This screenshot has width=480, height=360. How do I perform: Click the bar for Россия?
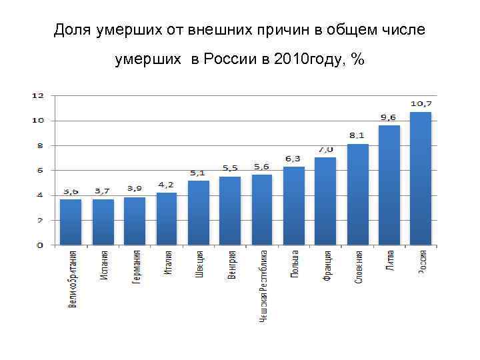(x=420, y=179)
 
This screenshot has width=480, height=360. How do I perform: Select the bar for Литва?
(x=389, y=185)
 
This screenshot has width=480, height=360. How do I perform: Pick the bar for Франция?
(x=325, y=201)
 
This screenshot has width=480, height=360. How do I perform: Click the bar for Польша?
(x=294, y=206)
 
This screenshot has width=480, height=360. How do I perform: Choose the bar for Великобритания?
(x=71, y=222)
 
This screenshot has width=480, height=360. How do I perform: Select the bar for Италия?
(x=167, y=219)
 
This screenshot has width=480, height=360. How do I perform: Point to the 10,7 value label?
(x=421, y=104)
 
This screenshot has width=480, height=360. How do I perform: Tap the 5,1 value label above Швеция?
(x=198, y=173)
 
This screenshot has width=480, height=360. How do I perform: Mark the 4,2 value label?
(x=167, y=185)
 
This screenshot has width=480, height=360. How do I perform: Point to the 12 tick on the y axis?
(x=38, y=95)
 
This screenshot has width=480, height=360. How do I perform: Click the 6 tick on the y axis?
(x=40, y=171)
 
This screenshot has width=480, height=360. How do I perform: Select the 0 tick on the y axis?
(x=40, y=245)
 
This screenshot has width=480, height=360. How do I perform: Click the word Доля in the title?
(x=73, y=30)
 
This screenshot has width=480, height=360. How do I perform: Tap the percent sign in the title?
(x=358, y=60)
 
